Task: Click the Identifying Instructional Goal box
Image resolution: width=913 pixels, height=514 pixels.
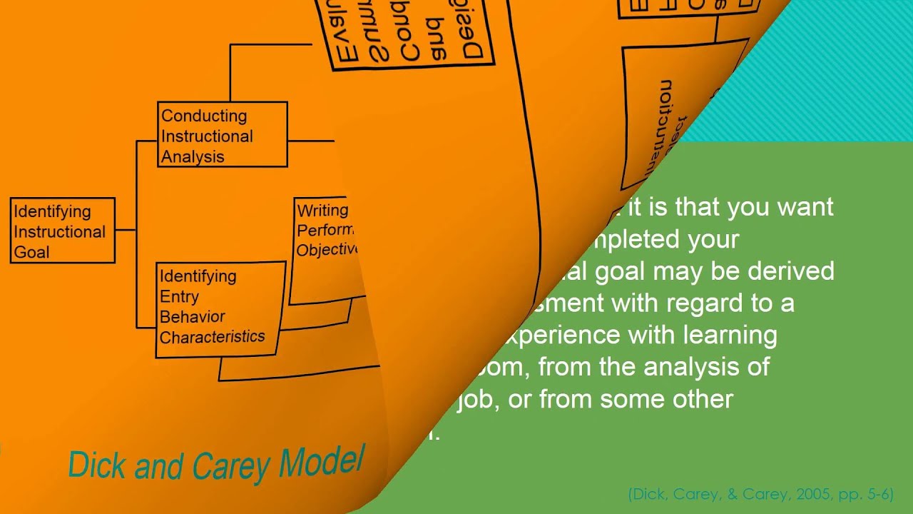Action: (x=63, y=231)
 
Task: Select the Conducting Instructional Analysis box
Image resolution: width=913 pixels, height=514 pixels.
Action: (x=222, y=134)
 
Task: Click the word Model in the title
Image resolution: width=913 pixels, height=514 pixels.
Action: (x=322, y=462)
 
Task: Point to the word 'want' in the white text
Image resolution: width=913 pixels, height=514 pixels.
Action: (x=804, y=207)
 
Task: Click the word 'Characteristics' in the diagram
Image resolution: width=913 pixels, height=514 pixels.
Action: (x=212, y=337)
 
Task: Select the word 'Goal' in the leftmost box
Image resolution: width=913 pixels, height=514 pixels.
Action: (x=31, y=252)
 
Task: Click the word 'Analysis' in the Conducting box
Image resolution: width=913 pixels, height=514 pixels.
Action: (x=193, y=156)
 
